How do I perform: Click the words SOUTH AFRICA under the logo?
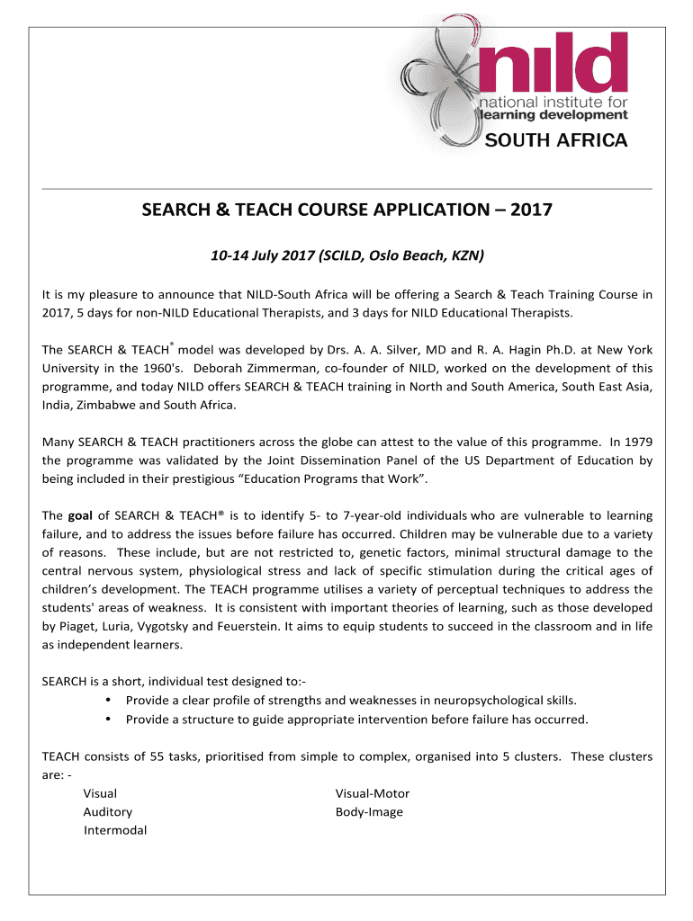point(556,140)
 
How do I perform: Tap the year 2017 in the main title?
point(531,212)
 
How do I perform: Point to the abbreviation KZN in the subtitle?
point(468,256)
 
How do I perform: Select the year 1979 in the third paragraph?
point(635,442)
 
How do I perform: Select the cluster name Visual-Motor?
point(372,793)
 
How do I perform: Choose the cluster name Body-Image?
point(369,812)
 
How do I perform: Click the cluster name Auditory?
point(107,812)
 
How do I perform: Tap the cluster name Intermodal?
point(115,830)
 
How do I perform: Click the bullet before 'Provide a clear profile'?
point(108,700)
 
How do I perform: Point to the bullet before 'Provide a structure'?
point(108,719)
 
